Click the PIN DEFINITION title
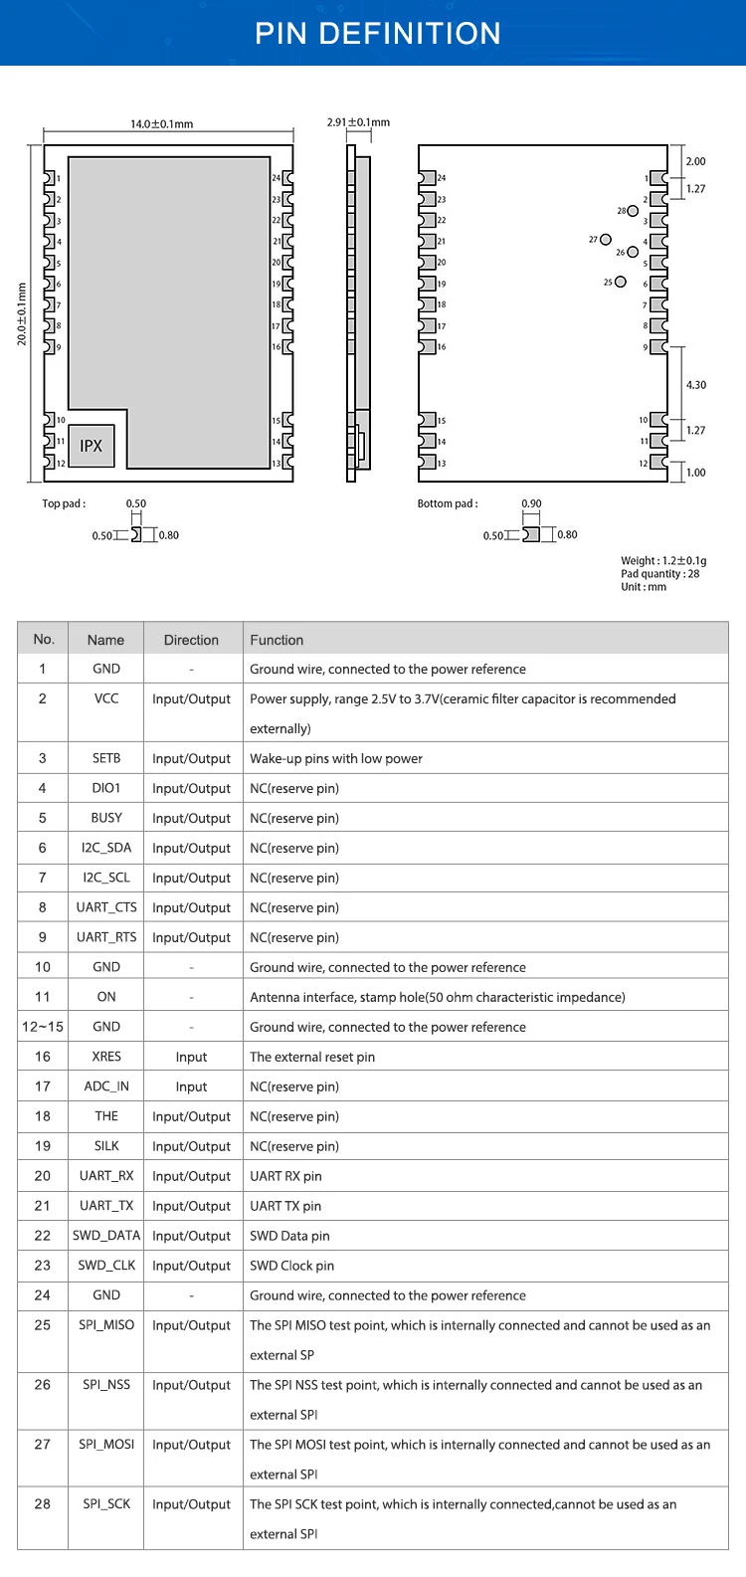click(x=377, y=34)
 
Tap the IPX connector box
click(x=92, y=446)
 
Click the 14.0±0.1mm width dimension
click(x=161, y=124)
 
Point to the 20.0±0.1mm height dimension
click(x=22, y=314)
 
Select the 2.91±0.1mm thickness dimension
click(x=358, y=122)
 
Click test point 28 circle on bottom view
click(x=633, y=211)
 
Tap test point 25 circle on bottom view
click(x=621, y=282)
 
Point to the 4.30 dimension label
click(x=696, y=385)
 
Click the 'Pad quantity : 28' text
click(x=659, y=574)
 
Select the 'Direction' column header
click(x=191, y=640)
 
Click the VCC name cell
click(x=106, y=698)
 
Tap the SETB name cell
click(x=106, y=758)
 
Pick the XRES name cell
click(x=106, y=1057)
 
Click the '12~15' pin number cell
click(x=43, y=1027)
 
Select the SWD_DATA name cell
click(x=106, y=1236)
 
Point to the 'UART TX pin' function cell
click(x=285, y=1206)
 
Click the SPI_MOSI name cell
click(x=106, y=1445)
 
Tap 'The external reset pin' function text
click(x=312, y=1057)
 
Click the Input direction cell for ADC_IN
click(x=191, y=1086)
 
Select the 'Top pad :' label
click(x=64, y=503)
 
